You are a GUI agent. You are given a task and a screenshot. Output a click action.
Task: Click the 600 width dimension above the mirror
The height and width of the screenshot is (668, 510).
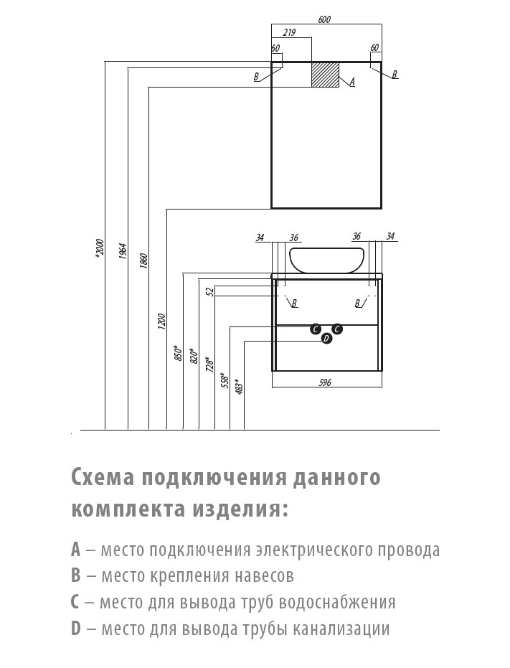point(324,19)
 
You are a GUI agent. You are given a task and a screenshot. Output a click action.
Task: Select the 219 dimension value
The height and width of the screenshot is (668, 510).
point(291,33)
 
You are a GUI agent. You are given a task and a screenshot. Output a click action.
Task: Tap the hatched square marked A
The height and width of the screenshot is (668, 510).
point(325,75)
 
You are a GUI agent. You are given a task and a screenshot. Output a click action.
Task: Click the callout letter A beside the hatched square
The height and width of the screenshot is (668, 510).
point(352,82)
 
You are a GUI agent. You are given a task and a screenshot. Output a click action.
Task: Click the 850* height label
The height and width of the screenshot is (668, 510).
point(178,352)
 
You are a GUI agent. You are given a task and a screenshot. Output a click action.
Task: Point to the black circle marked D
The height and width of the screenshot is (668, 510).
point(326,338)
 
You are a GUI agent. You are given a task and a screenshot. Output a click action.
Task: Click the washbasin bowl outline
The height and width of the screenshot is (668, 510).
point(326,260)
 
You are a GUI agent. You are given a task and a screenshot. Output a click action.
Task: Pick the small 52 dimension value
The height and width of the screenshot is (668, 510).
point(209,291)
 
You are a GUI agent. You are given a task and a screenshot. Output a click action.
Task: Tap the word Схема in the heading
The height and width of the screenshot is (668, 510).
point(103,477)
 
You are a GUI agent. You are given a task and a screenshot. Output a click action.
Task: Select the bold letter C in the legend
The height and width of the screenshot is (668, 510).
point(76,602)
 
